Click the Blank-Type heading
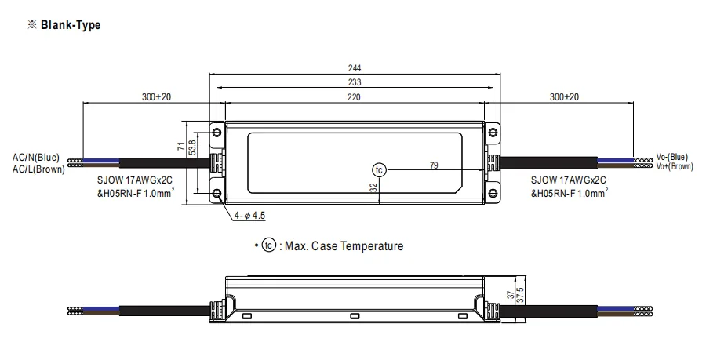[71, 25]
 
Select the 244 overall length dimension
[355, 68]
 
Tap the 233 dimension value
[355, 82]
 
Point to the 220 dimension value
[354, 96]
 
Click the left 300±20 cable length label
[157, 96]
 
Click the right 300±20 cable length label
[564, 96]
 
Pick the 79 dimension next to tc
[434, 165]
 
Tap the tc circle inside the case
[379, 170]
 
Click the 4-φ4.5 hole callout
[250, 216]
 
